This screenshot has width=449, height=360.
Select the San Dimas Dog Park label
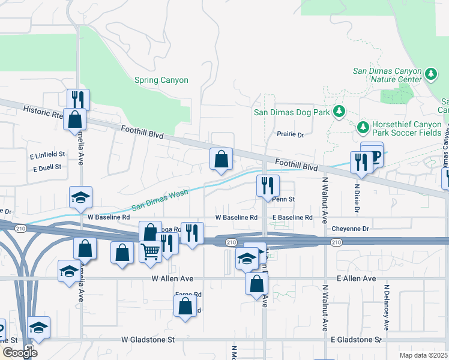(292, 112)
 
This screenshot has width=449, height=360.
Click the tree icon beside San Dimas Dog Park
(339, 111)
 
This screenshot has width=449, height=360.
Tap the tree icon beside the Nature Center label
(431, 74)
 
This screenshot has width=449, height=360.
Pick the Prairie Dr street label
(291, 134)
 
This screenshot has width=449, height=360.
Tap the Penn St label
(283, 199)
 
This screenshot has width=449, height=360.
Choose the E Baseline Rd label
(292, 217)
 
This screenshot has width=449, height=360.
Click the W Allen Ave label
(172, 279)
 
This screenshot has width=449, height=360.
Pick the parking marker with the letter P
(376, 157)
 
